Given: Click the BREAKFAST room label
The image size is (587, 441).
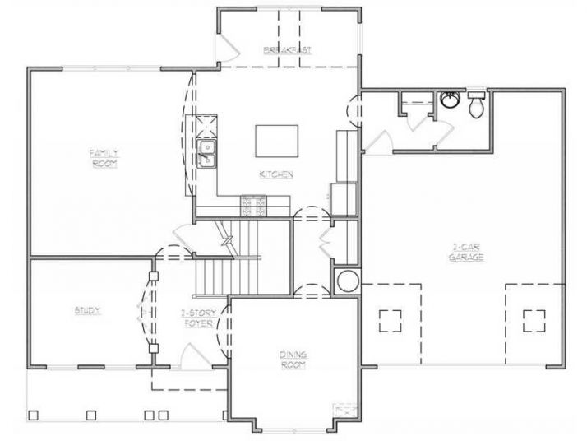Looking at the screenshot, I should pyautogui.click(x=287, y=51).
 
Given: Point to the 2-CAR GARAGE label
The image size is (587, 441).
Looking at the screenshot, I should pyautogui.click(x=466, y=252).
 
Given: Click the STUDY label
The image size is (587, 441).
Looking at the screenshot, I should pyautogui.click(x=87, y=310).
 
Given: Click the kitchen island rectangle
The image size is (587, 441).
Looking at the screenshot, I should pyautogui.click(x=276, y=140).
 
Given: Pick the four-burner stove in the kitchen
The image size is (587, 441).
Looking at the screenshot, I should pyautogui.click(x=254, y=204).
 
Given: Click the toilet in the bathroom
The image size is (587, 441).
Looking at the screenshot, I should pyautogui.click(x=476, y=104).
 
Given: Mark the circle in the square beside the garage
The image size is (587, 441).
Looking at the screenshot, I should pyautogui.click(x=346, y=280).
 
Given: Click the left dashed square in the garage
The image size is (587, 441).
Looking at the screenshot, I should pyautogui.click(x=390, y=319).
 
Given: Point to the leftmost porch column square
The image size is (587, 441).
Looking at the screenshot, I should pyautogui.click(x=34, y=414).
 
